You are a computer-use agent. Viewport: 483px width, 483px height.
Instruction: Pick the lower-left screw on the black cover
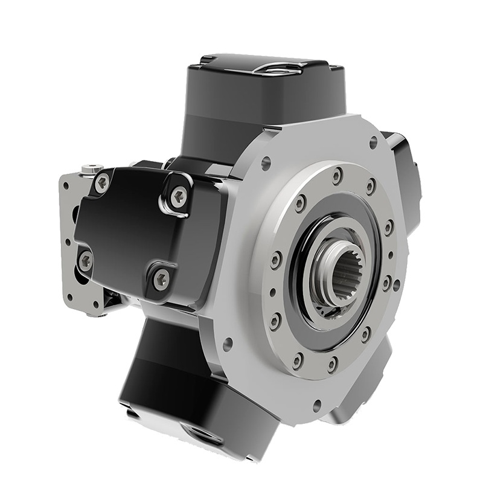coord(86,260)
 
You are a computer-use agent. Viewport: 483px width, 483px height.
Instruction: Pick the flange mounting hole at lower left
coord(228,347)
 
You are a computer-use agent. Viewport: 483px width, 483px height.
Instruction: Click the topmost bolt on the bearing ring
coord(337,176)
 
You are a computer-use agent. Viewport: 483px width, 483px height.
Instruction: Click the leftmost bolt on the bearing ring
coord(275,261)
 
